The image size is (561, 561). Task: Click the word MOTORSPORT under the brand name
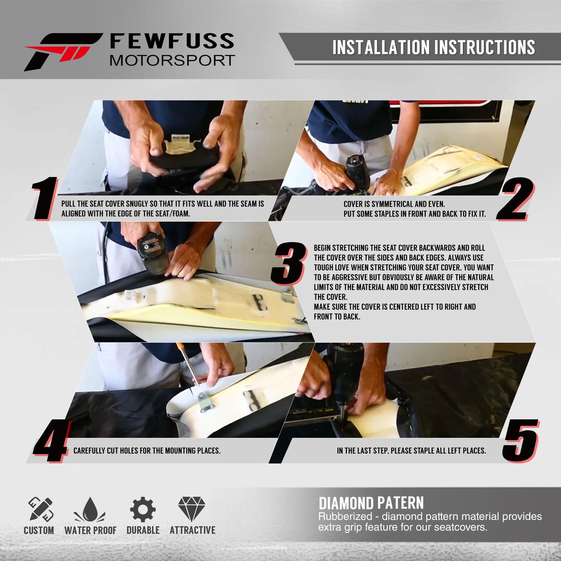(x=172, y=60)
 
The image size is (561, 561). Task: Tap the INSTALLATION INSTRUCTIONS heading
(x=434, y=47)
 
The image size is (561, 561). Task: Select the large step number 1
(x=44, y=198)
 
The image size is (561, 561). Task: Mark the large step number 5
(x=521, y=441)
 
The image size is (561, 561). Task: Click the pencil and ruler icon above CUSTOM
(x=41, y=509)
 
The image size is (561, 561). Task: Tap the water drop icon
(x=90, y=509)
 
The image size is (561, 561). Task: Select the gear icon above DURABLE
(x=143, y=509)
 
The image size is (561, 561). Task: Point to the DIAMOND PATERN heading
(x=371, y=503)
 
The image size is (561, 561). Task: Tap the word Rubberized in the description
(x=345, y=517)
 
